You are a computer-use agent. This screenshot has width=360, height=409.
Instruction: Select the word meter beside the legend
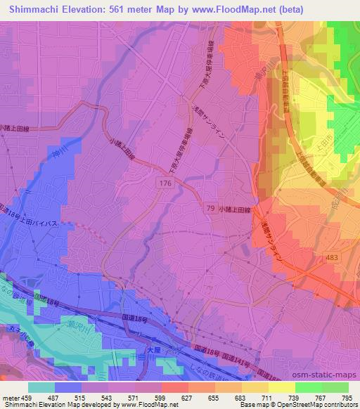coord(11,398)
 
